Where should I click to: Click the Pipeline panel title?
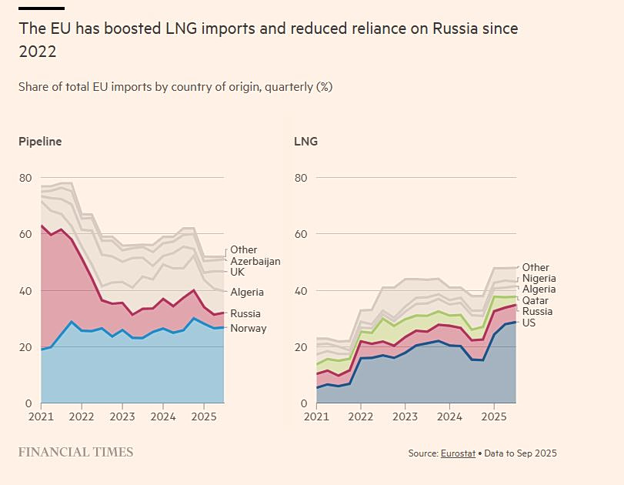(x=40, y=142)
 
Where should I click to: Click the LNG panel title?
(x=305, y=142)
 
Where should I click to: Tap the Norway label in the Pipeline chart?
(x=248, y=328)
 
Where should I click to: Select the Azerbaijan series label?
(x=255, y=261)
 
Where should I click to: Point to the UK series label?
(x=238, y=272)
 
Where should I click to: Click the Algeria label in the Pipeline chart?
(x=247, y=292)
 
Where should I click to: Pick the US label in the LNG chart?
(x=529, y=323)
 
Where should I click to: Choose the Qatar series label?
(x=536, y=300)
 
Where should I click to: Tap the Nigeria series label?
(x=539, y=279)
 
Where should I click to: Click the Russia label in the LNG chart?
(x=537, y=312)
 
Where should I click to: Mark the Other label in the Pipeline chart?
(x=244, y=249)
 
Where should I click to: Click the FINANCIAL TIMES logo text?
(x=75, y=452)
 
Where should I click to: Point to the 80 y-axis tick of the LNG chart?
(x=300, y=178)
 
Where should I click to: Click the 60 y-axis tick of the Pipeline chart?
(x=25, y=234)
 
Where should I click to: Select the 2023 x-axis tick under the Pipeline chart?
(x=122, y=416)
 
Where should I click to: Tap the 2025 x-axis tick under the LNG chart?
(x=493, y=416)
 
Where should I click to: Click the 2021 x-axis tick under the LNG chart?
(x=316, y=416)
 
